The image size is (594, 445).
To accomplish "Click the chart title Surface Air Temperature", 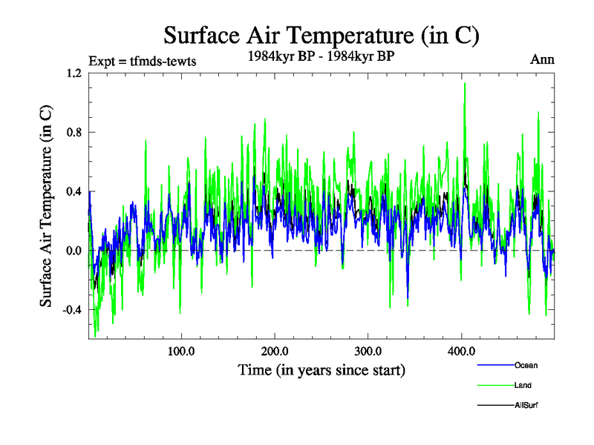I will click(x=322, y=35).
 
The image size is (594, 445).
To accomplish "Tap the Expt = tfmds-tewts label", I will click(x=142, y=61).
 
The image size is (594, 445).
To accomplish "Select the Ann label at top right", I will click(x=541, y=59).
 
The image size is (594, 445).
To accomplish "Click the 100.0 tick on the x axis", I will click(x=181, y=350).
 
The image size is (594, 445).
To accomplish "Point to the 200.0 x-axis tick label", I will click(x=275, y=350).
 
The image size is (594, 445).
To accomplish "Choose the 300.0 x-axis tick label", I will click(x=368, y=350).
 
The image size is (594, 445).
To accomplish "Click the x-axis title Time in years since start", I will click(x=321, y=369).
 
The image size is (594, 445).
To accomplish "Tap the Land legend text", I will click(x=523, y=385).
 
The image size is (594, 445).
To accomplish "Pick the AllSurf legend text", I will click(x=526, y=405).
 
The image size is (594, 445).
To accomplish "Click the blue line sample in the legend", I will click(x=495, y=365).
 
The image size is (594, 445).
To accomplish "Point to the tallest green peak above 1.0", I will click(x=465, y=84).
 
